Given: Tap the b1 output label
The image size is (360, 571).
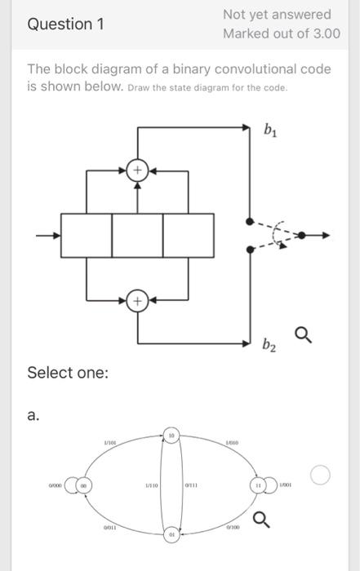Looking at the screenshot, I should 270,129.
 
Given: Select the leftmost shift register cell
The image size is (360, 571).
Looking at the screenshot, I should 86,235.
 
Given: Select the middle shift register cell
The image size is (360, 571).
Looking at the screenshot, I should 137,235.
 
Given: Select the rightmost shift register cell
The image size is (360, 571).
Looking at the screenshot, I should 188,235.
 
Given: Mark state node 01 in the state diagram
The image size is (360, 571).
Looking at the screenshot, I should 171,535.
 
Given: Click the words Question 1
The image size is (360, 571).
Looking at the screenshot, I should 66,24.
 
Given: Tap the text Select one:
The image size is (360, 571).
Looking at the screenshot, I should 68,373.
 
